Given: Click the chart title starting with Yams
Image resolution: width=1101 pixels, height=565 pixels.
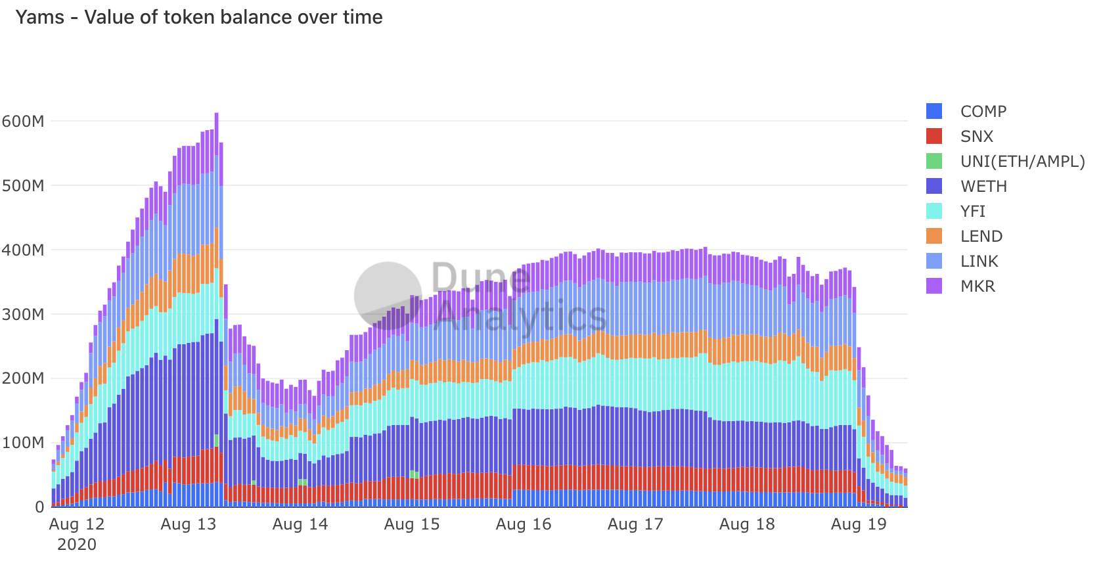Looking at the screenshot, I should [x=198, y=17].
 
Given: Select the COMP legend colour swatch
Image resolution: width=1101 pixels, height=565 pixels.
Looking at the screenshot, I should [x=933, y=111].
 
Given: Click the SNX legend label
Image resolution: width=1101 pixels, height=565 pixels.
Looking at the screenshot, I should [x=976, y=137].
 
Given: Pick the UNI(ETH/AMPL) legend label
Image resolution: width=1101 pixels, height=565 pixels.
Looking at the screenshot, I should [x=1022, y=162].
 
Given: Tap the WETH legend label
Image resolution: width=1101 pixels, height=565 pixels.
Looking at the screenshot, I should [x=983, y=187].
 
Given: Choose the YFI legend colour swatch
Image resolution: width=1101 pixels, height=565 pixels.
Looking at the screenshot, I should [x=933, y=211].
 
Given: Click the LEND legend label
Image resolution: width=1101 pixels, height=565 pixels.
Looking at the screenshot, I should [x=981, y=237].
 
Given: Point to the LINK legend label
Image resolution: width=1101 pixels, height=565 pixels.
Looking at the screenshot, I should [x=979, y=261].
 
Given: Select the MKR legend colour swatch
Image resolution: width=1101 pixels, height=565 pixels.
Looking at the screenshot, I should [x=933, y=286].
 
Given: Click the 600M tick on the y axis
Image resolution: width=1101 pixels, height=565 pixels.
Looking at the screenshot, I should [x=24, y=122].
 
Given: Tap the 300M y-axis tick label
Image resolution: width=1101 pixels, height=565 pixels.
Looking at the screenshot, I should [x=24, y=315].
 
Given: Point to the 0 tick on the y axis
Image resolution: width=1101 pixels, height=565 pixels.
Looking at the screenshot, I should [x=40, y=507].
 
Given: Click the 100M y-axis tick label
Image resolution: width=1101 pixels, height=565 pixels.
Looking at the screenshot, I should [x=24, y=443].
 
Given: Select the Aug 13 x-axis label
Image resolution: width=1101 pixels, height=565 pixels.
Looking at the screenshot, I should [x=189, y=524].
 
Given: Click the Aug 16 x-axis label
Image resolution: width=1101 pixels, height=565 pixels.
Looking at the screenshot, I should [x=524, y=524].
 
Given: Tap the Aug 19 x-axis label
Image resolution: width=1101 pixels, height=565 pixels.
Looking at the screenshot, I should [x=859, y=524].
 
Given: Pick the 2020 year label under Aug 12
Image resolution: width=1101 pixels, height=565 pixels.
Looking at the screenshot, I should [x=77, y=545].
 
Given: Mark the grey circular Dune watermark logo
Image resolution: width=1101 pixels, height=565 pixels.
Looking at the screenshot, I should [x=388, y=296].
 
